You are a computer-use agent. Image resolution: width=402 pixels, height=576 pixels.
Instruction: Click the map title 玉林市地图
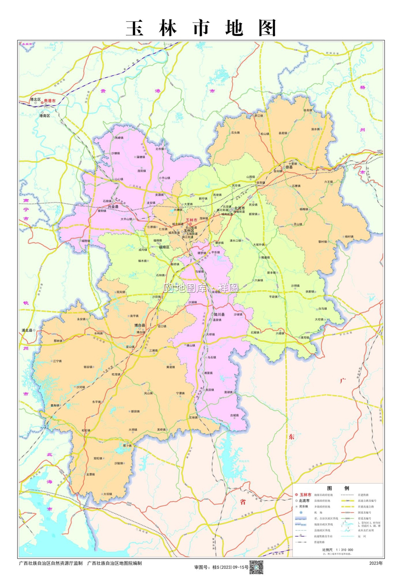(201, 28)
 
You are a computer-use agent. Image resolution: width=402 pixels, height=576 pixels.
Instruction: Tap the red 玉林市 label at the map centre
(191, 220)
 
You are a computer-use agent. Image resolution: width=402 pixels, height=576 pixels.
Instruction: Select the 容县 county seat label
(289, 167)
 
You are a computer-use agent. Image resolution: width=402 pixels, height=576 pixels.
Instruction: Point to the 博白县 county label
(140, 325)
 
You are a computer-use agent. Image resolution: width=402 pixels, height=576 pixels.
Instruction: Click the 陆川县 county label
(219, 314)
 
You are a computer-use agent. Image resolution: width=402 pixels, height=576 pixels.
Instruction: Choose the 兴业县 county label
(113, 206)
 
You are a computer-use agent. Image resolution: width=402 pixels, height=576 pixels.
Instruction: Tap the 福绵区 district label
(164, 247)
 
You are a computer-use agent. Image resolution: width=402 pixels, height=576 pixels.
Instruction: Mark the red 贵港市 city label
(50, 101)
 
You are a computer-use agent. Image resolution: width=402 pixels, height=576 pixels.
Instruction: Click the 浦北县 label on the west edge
(27, 330)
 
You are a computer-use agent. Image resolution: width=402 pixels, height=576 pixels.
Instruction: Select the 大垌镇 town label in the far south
(108, 494)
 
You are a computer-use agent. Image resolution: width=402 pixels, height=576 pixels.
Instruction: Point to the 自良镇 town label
(308, 110)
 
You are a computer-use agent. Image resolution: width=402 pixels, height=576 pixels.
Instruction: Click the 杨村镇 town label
(349, 237)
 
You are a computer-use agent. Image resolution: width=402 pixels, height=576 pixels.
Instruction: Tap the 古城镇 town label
(234, 415)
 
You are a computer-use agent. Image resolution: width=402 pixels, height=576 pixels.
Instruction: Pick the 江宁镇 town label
(57, 361)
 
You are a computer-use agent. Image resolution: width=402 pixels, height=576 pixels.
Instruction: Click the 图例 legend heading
(338, 488)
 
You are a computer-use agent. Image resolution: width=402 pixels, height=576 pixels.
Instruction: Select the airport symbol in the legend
(301, 512)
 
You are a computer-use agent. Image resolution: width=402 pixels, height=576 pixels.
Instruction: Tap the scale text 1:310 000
(344, 550)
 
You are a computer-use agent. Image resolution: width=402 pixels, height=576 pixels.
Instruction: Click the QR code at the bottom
(256, 567)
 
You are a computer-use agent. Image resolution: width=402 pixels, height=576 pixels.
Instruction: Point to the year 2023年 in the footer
(375, 563)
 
